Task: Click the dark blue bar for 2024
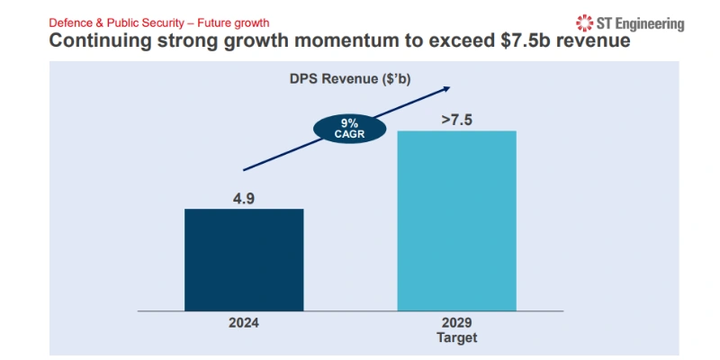[244, 259]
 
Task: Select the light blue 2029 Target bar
[456, 220]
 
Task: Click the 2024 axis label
[243, 321]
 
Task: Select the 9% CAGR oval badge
[348, 129]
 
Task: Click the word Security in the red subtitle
[165, 21]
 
